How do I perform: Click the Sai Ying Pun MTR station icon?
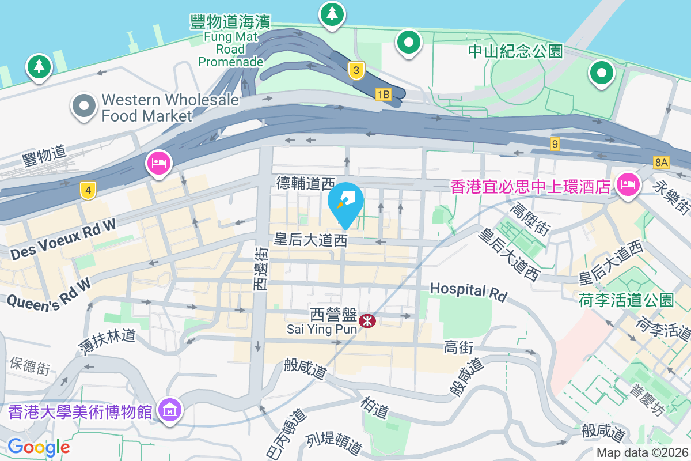tap(367, 320)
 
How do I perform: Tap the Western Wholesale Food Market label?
tap(170, 108)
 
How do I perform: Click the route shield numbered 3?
tap(356, 71)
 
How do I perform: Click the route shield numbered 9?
tap(555, 144)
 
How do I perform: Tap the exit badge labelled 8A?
tap(660, 163)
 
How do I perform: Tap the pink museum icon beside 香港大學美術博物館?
tap(170, 411)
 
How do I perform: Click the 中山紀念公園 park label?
tap(514, 52)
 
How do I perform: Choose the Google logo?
tap(39, 447)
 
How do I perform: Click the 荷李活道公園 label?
tap(626, 300)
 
